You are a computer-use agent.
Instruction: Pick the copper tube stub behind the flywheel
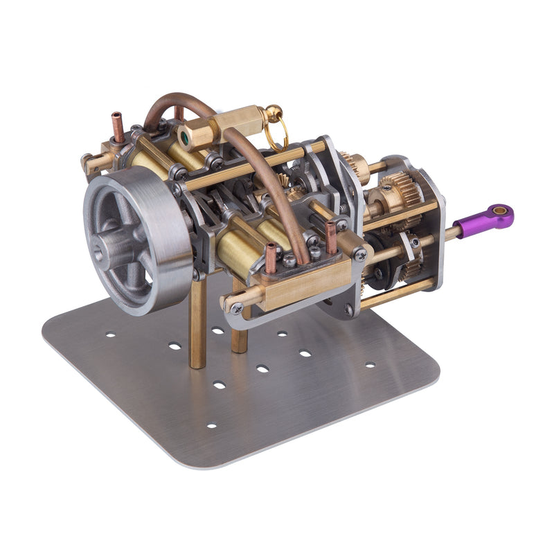(x=118, y=126)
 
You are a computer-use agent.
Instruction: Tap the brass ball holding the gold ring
(x=274, y=112)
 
